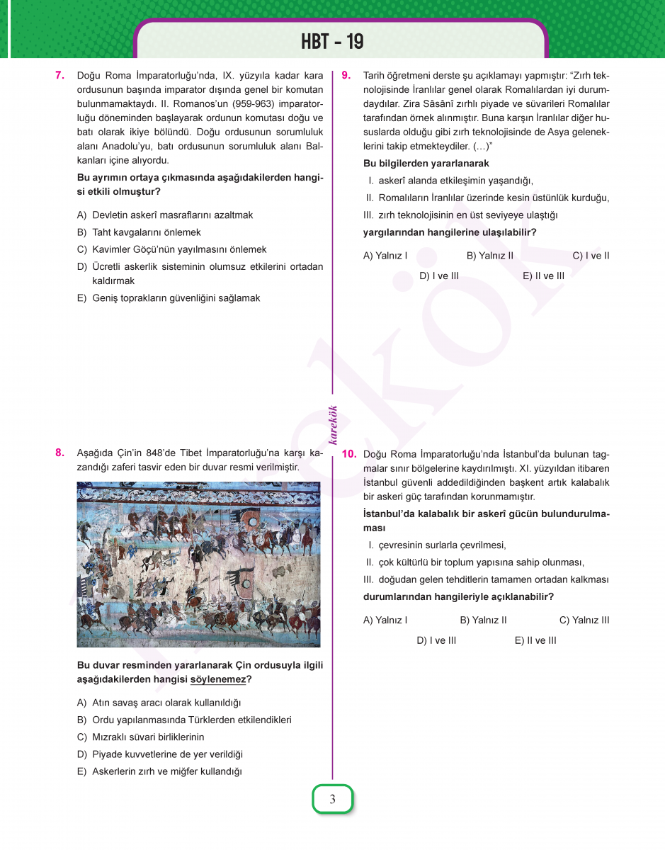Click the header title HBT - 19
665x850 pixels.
click(x=332, y=42)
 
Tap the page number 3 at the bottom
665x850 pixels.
click(x=332, y=800)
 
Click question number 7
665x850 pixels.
click(x=60, y=75)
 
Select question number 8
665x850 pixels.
click(x=60, y=453)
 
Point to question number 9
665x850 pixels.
click(x=346, y=75)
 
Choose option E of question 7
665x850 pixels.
click(x=169, y=298)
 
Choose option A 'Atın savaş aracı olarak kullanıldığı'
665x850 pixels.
click(x=159, y=703)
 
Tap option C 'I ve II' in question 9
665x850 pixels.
click(x=591, y=256)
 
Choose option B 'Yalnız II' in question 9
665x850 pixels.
click(x=489, y=256)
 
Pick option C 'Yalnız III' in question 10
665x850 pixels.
click(x=584, y=620)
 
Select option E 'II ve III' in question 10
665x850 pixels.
click(x=535, y=640)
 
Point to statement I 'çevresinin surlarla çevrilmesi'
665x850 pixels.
click(x=437, y=545)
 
